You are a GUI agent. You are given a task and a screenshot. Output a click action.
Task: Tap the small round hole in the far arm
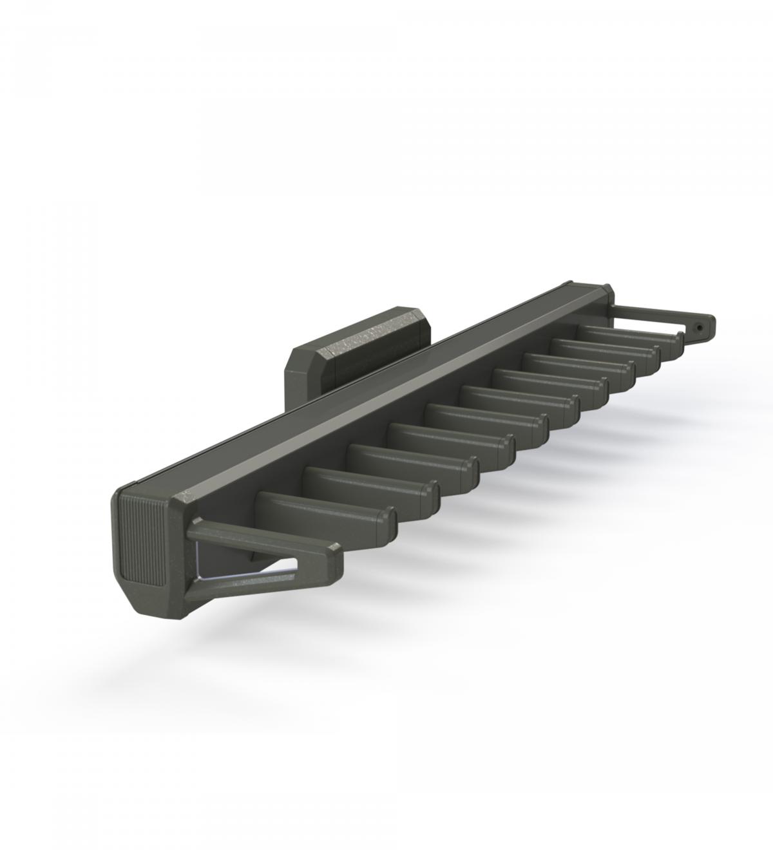click(700, 327)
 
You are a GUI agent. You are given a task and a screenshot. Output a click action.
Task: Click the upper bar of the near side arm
click(258, 538)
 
